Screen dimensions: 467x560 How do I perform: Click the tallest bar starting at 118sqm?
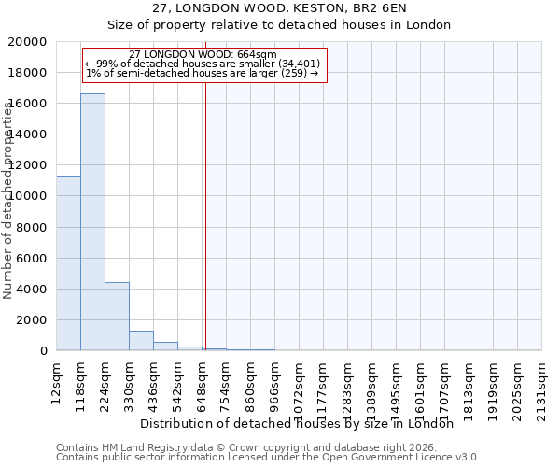point(92,222)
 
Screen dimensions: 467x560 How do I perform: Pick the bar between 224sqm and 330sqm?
point(117,317)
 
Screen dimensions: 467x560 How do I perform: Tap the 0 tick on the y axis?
point(43,351)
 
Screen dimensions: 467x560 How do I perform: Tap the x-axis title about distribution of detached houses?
point(302,424)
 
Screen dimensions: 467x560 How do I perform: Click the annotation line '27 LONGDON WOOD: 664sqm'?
point(203,55)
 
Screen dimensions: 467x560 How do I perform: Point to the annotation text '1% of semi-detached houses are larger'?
point(203,74)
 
